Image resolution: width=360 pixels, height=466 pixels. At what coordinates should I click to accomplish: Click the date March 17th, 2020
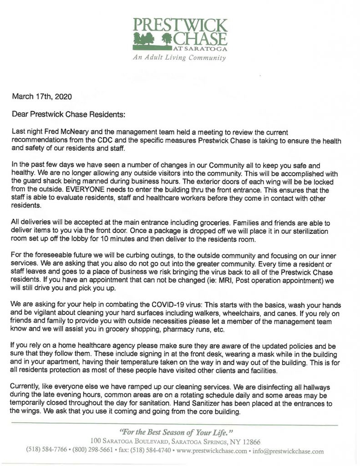pyautogui.click(x=41, y=96)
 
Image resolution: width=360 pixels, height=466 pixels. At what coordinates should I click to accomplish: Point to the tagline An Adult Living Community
pyautogui.click(x=179, y=58)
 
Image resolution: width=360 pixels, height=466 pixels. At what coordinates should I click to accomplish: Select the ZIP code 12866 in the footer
pyautogui.click(x=251, y=442)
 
